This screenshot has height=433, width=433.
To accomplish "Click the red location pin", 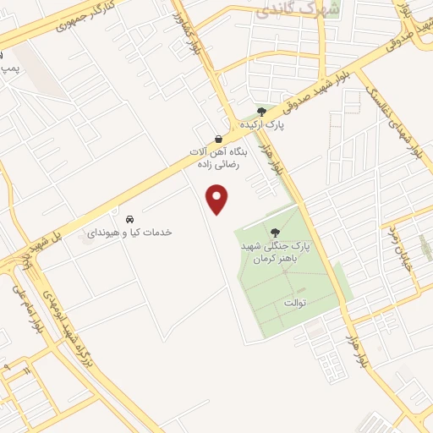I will pyautogui.click(x=218, y=200).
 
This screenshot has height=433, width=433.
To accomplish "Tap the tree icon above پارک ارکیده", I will pyautogui.click(x=260, y=111).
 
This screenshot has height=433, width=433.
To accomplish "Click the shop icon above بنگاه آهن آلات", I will pyautogui.click(x=219, y=139).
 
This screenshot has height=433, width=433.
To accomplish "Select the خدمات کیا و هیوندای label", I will pyautogui.click(x=129, y=231).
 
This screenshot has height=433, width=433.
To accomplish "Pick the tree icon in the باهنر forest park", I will pyautogui.click(x=274, y=232).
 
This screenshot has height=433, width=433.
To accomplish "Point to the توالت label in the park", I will pyautogui.click(x=293, y=302).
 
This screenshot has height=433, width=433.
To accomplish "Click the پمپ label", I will pyautogui.click(x=8, y=67).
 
